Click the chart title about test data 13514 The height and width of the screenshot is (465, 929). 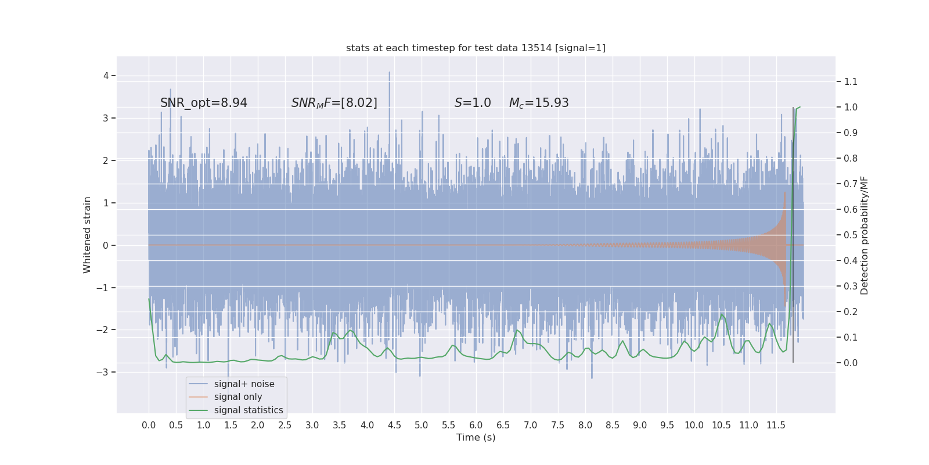pyautogui.click(x=476, y=48)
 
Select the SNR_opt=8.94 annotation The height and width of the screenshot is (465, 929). pyautogui.click(x=204, y=103)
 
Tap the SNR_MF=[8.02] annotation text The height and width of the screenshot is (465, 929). pyautogui.click(x=334, y=103)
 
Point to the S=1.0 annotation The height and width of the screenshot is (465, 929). pyautogui.click(x=473, y=103)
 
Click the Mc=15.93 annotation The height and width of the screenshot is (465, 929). pyautogui.click(x=539, y=103)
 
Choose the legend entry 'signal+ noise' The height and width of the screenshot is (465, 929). pyautogui.click(x=244, y=384)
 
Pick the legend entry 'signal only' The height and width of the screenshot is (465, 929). pyautogui.click(x=238, y=397)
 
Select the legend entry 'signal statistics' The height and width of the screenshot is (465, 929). pyautogui.click(x=249, y=410)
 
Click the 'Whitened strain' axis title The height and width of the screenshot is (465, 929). pyautogui.click(x=87, y=235)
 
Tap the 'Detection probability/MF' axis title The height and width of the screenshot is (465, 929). pyautogui.click(x=865, y=235)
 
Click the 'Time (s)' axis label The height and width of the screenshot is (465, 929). pyautogui.click(x=476, y=437)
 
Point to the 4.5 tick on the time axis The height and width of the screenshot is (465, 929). pyautogui.click(x=394, y=425)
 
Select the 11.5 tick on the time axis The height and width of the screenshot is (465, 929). pyautogui.click(x=776, y=425)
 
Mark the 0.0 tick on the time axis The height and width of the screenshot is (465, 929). pyautogui.click(x=149, y=425)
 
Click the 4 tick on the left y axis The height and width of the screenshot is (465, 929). pyautogui.click(x=106, y=76)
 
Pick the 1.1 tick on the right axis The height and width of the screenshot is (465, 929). pyautogui.click(x=851, y=81)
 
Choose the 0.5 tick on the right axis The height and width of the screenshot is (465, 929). pyautogui.click(x=851, y=235)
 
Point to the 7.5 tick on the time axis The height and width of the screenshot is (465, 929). pyautogui.click(x=557, y=425)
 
